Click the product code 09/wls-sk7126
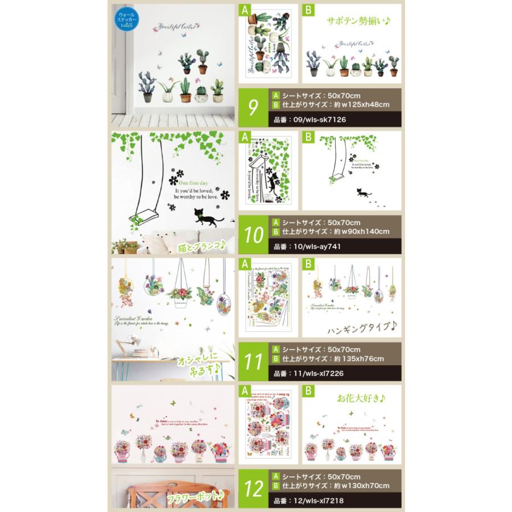point(310,120)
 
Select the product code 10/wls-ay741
point(307,247)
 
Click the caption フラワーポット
point(195,499)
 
